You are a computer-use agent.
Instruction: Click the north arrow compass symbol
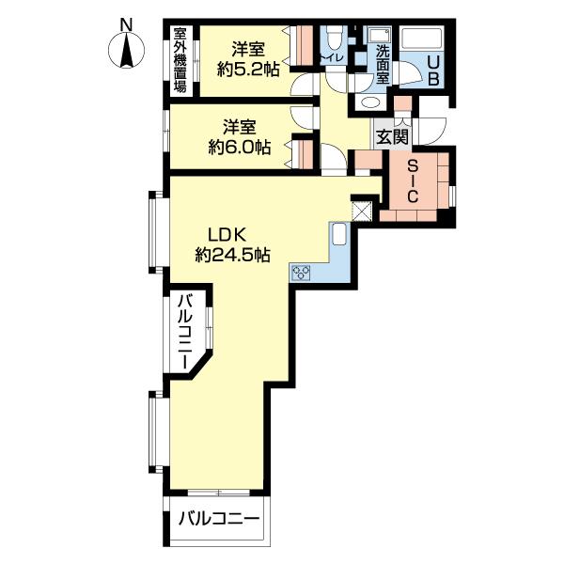coord(126,50)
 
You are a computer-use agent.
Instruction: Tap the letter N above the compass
coord(126,24)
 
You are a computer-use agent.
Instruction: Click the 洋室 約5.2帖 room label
coord(248,59)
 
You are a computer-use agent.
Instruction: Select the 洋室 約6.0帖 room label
coord(240,137)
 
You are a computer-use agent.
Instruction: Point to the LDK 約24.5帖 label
coord(232,245)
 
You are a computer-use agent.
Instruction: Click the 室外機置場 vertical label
coord(180,60)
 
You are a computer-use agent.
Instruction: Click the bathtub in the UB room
coord(422,38)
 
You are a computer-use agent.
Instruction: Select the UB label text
coord(433,71)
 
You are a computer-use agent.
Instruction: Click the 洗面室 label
coord(383,65)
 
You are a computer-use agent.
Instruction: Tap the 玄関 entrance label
coord(393,136)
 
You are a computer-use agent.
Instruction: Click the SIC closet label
coord(413,180)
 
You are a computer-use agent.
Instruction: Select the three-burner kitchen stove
coord(301,273)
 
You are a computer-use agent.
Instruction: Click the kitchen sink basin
coord(339,234)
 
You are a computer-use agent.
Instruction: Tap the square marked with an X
coord(362,211)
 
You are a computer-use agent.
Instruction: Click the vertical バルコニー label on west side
coord(186,332)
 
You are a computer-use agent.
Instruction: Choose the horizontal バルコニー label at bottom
coord(219,519)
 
